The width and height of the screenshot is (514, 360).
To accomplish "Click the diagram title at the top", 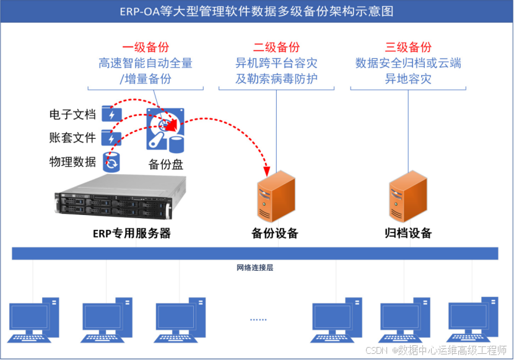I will pyautogui.click(x=256, y=11).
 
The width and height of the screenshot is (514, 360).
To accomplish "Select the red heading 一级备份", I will pyautogui.click(x=146, y=47).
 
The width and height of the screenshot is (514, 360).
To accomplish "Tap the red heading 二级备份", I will pyautogui.click(x=276, y=47).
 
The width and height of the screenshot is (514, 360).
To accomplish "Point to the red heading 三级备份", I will pyautogui.click(x=408, y=47).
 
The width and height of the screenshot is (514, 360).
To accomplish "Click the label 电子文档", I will pyautogui.click(x=72, y=115).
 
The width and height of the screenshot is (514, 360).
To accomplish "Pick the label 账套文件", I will pyautogui.click(x=72, y=138).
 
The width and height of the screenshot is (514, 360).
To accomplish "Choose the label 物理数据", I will pyautogui.click(x=72, y=162).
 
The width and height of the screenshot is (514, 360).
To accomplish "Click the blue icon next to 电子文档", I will pyautogui.click(x=111, y=114).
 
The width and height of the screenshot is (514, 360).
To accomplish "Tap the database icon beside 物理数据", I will pyautogui.click(x=111, y=161).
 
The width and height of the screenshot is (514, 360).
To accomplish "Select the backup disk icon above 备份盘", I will pyautogui.click(x=165, y=130).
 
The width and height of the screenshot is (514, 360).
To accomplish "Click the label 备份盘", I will pyautogui.click(x=165, y=164).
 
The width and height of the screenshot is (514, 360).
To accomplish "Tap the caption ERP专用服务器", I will pyautogui.click(x=131, y=234).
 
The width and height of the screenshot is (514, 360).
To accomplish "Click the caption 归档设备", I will pyautogui.click(x=408, y=234).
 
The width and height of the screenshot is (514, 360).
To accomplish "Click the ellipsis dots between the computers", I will pyautogui.click(x=258, y=319).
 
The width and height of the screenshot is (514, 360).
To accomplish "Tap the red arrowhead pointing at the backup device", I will pyautogui.click(x=267, y=169).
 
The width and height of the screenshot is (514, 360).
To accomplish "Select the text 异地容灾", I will pyautogui.click(x=408, y=79).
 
